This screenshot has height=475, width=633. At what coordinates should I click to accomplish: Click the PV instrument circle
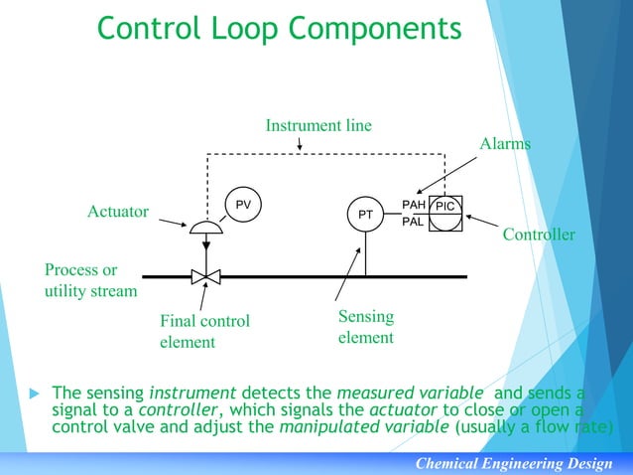(x=241, y=204)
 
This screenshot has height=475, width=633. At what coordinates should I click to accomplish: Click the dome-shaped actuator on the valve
(x=205, y=227)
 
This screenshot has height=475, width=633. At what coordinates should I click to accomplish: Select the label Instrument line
(x=318, y=125)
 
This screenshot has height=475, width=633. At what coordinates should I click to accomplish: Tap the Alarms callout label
(x=505, y=144)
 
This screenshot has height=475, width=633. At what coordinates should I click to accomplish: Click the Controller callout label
(x=539, y=236)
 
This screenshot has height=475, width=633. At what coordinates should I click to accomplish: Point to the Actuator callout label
(x=118, y=212)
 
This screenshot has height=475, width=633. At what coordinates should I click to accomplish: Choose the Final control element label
(x=204, y=332)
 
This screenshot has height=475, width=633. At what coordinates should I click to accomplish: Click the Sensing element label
(x=366, y=327)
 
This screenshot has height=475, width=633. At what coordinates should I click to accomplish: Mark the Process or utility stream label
(x=90, y=281)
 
